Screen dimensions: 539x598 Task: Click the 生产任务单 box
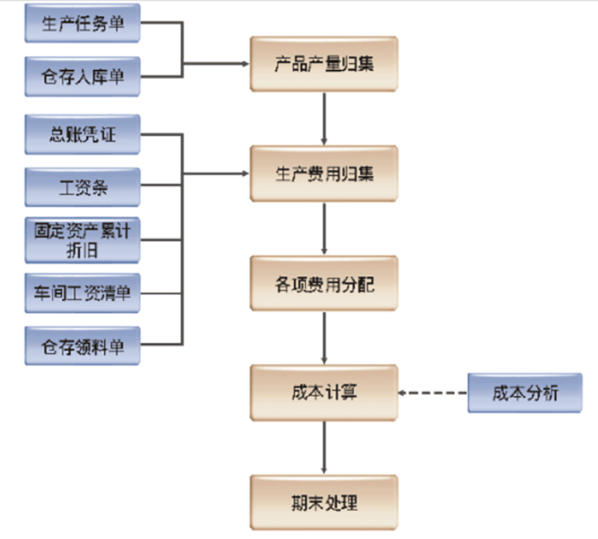[81, 23]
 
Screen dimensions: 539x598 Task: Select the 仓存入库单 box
[81, 77]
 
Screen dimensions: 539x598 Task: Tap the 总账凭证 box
[81, 133]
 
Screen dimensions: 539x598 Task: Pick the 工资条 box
[81, 186]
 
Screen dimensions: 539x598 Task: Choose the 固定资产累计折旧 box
[81, 240]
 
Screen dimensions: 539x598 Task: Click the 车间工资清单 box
[81, 293]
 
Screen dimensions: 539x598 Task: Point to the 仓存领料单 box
[81, 345]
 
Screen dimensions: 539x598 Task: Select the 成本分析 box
[525, 393]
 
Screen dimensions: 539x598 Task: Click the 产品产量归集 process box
[323, 63]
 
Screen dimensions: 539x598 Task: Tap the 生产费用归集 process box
[323, 173]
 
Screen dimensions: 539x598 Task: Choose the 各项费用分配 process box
[323, 284]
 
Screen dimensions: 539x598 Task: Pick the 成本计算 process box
[323, 393]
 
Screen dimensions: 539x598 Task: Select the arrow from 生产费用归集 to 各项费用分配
[324, 228]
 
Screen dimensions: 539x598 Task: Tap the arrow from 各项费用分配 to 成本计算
[324, 338]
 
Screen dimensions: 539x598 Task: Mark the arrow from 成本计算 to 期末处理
[324, 448]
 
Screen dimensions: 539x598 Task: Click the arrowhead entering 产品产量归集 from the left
[243, 64]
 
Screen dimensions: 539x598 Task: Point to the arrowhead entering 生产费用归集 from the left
[243, 174]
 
